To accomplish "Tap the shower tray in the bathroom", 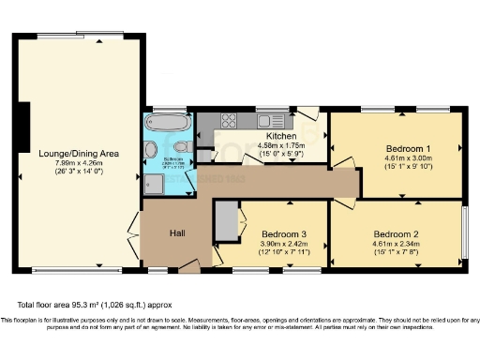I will [x=153, y=184].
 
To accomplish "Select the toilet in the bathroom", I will [x=183, y=148].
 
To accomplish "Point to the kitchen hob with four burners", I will [x=228, y=121].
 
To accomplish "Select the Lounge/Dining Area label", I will [x=79, y=153].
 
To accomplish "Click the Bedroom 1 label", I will [x=408, y=149].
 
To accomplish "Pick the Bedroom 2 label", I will [x=395, y=233].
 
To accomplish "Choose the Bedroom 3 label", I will [x=283, y=233].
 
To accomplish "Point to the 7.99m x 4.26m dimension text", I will [x=79, y=164].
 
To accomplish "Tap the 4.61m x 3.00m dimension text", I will [x=408, y=161].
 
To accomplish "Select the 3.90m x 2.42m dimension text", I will [x=283, y=245].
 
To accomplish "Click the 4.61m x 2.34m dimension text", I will [x=395, y=245].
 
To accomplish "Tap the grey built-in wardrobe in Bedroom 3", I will [x=225, y=221].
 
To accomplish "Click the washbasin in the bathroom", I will [x=151, y=150].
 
